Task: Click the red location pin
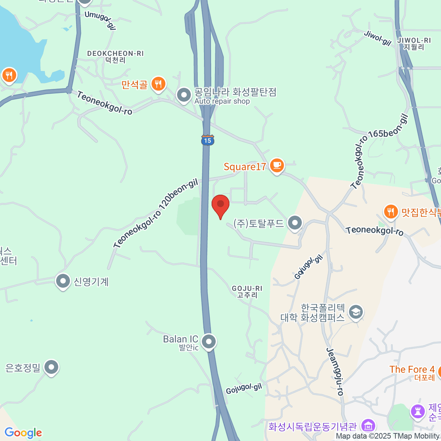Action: click(220, 204)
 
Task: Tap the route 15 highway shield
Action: click(208, 140)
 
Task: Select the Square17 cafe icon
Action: click(277, 165)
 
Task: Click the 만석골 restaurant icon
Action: click(158, 84)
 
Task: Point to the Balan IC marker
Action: click(209, 341)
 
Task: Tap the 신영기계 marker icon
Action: click(63, 282)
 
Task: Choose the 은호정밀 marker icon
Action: click(51, 367)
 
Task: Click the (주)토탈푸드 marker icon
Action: click(295, 223)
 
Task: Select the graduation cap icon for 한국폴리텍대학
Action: click(355, 312)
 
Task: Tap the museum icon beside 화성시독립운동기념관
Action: click(368, 426)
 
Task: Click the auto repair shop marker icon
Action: click(184, 95)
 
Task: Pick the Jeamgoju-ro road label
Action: click(335, 372)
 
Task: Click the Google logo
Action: click(23, 433)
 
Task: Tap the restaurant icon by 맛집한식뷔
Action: click(391, 212)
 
